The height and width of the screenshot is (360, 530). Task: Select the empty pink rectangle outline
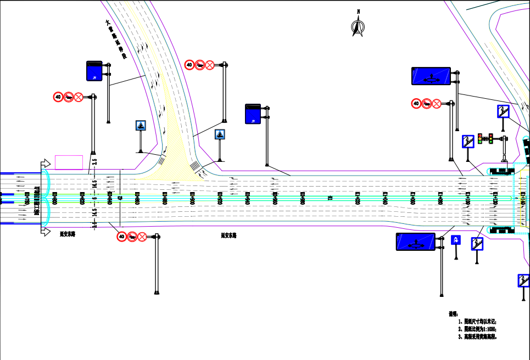[x=69, y=162]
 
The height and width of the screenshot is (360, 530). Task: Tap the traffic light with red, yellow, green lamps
[x=483, y=139]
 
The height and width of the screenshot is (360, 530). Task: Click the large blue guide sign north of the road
[x=431, y=76]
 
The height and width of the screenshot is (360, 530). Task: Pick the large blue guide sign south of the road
[x=416, y=241]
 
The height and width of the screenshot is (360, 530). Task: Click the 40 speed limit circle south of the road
[x=121, y=237]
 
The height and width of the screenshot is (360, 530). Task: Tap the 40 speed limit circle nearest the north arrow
[x=416, y=103]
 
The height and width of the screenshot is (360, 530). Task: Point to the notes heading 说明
[x=453, y=314]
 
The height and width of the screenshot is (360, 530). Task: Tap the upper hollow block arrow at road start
[x=43, y=165]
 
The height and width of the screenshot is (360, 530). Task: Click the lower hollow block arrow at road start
[x=43, y=230]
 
